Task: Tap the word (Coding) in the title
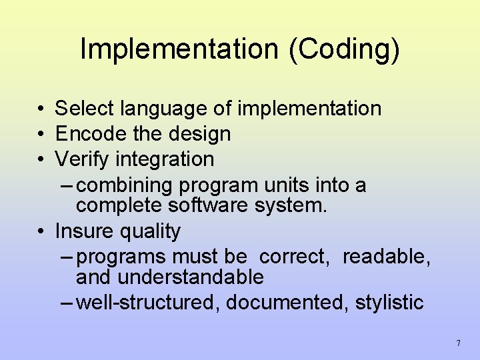(344, 49)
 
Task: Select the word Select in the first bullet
(84, 108)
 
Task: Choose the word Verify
(82, 159)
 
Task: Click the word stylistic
(389, 303)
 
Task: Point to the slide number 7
(458, 343)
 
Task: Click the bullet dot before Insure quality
(41, 232)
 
